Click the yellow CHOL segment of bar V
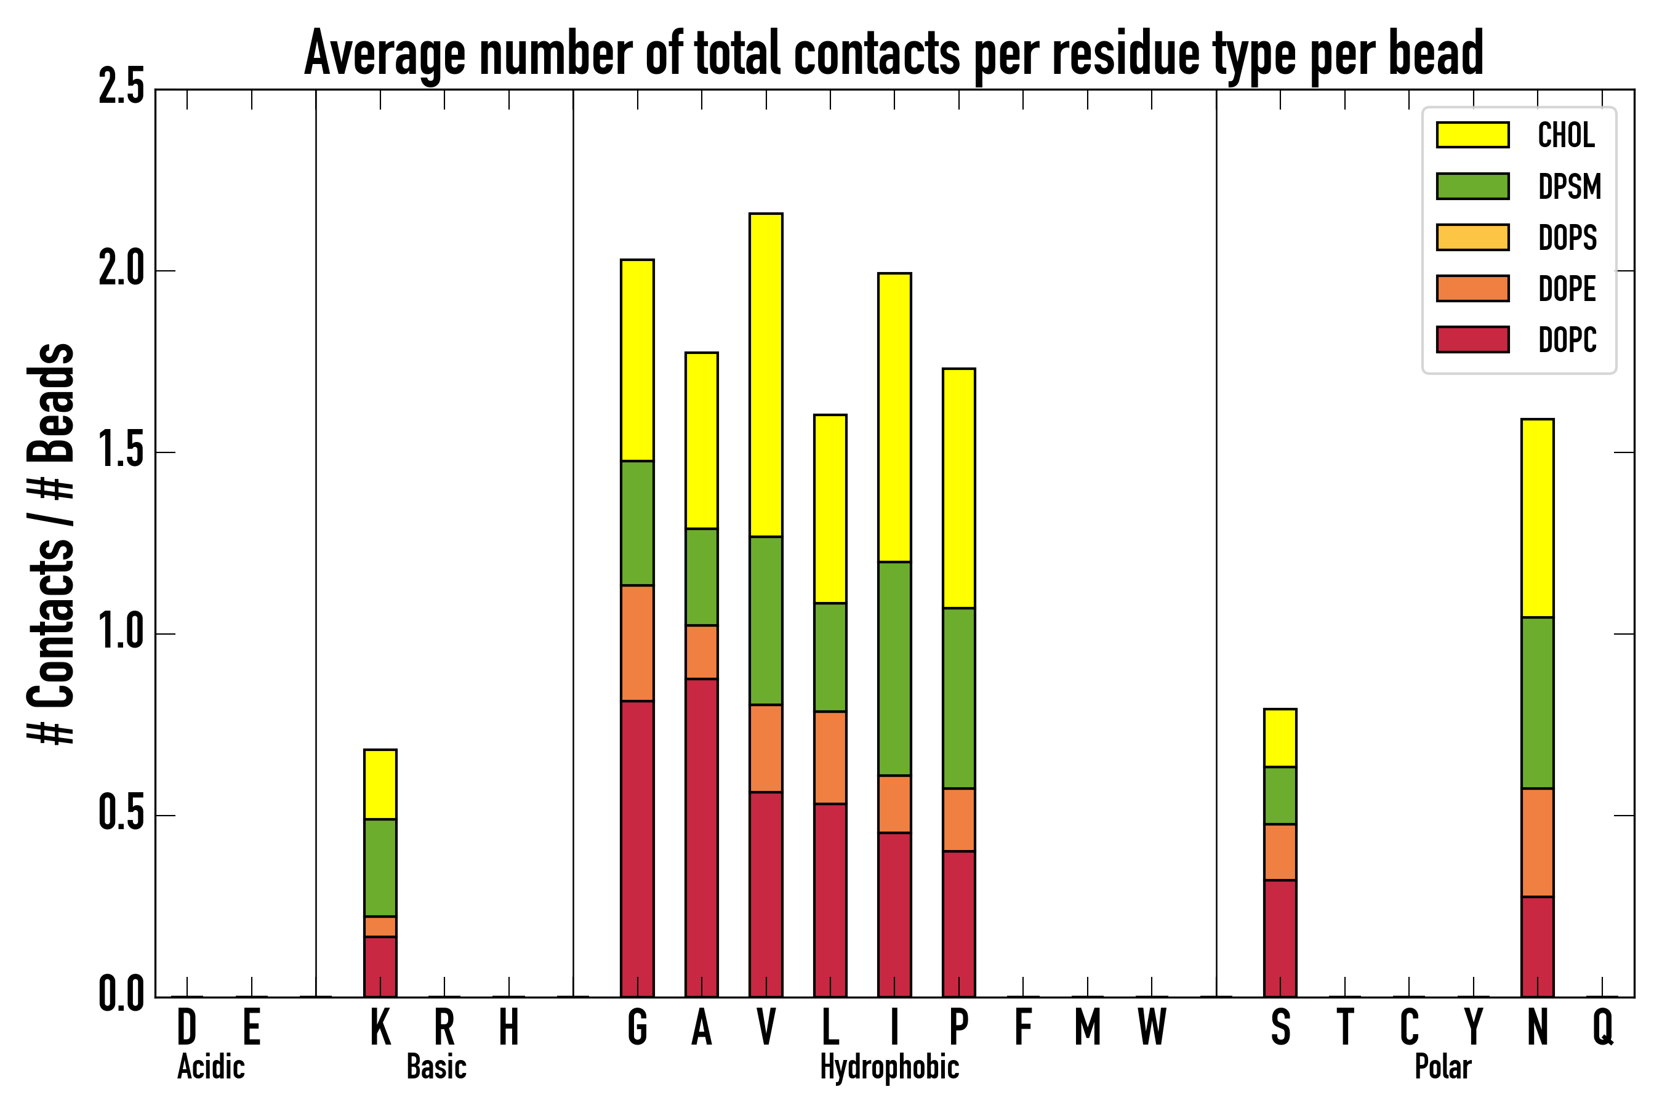pyautogui.click(x=766, y=374)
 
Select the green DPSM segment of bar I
pyautogui.click(x=894, y=668)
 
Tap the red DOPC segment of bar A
pyautogui.click(x=702, y=837)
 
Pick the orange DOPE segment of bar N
pyautogui.click(x=1537, y=842)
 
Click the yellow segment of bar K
pyautogui.click(x=380, y=784)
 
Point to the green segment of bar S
pyautogui.click(x=1280, y=795)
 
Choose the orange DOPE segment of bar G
pyautogui.click(x=637, y=643)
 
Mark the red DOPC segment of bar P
pyautogui.click(x=959, y=923)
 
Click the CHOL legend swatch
pyautogui.click(x=1472, y=134)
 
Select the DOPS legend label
pyautogui.click(x=1567, y=238)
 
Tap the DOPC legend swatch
pyautogui.click(x=1472, y=339)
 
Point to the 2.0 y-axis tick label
pyautogui.click(x=121, y=271)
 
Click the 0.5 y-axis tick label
pyautogui.click(x=121, y=815)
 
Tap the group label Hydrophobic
pyautogui.click(x=889, y=1067)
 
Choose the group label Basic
pyautogui.click(x=436, y=1067)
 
